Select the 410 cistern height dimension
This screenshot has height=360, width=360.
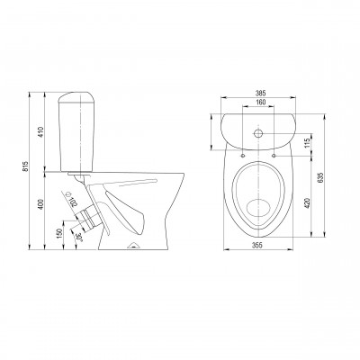(41, 132)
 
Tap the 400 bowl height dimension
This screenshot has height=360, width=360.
(41, 204)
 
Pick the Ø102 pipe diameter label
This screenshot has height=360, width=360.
(71, 200)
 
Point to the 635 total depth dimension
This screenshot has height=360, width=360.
(320, 178)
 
